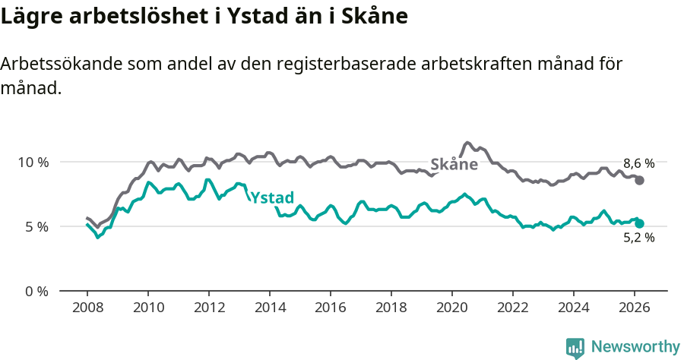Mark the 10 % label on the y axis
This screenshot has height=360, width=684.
click(x=33, y=162)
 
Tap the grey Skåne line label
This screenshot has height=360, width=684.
click(x=454, y=165)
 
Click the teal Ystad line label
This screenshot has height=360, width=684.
click(x=272, y=197)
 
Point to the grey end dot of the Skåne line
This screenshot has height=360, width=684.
click(x=640, y=180)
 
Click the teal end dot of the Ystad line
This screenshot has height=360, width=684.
click(x=640, y=223)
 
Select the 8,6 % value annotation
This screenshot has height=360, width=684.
click(x=638, y=163)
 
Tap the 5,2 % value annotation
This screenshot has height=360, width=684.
click(x=638, y=238)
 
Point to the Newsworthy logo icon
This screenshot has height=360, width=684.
click(x=575, y=348)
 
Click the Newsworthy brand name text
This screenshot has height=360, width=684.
click(x=635, y=347)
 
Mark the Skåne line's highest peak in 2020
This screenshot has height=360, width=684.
click(x=467, y=143)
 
